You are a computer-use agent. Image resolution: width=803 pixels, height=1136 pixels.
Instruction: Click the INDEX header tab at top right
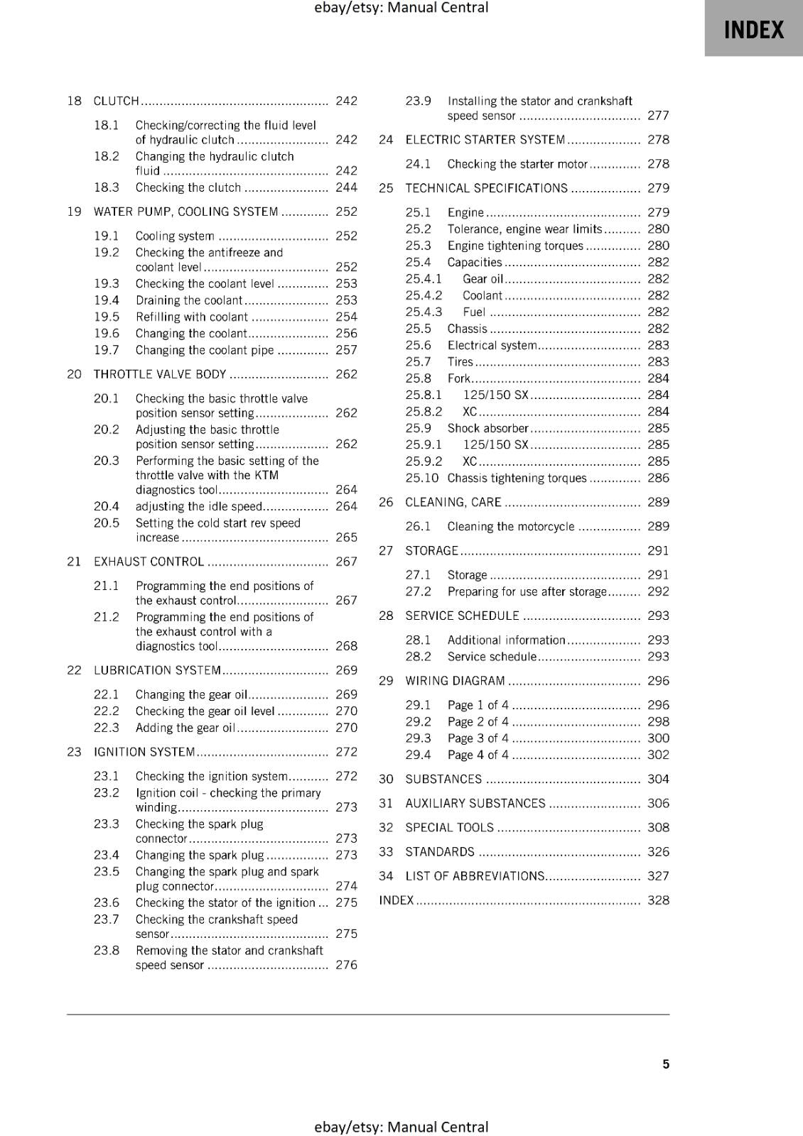click(753, 30)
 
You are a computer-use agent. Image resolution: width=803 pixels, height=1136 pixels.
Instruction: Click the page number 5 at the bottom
click(666, 1064)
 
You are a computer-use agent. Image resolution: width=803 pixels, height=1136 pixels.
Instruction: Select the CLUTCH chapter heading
click(117, 101)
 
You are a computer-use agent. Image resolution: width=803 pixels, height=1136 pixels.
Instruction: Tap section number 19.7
click(107, 350)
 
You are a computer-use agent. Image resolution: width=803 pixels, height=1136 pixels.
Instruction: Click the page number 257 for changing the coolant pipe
click(346, 350)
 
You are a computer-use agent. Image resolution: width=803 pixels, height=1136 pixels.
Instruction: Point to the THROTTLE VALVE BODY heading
click(160, 374)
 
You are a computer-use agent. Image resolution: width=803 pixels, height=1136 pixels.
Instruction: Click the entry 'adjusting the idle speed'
click(199, 506)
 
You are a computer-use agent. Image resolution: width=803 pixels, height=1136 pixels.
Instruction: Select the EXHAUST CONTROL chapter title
click(149, 562)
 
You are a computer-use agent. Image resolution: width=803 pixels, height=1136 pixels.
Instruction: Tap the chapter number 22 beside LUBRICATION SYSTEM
click(74, 670)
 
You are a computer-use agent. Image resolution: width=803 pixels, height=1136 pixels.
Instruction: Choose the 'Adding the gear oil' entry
click(185, 728)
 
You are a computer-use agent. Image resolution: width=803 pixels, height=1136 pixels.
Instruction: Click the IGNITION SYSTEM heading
click(144, 752)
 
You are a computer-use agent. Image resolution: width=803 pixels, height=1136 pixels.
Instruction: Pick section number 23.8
click(107, 951)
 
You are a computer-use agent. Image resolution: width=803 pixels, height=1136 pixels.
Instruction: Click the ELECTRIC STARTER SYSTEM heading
click(485, 140)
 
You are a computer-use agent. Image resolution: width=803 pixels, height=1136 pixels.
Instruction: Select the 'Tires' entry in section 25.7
click(460, 362)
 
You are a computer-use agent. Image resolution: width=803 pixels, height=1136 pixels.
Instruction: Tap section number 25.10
click(421, 478)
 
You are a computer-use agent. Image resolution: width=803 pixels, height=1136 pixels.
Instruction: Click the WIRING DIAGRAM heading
click(455, 681)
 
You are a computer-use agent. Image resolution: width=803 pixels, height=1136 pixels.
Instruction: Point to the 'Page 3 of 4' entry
click(478, 738)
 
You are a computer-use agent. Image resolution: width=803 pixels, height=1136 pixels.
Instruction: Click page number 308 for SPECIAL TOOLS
click(658, 827)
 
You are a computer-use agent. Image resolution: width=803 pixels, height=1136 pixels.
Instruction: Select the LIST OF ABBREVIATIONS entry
click(475, 876)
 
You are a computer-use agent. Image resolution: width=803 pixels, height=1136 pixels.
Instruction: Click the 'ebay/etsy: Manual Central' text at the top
click(401, 8)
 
